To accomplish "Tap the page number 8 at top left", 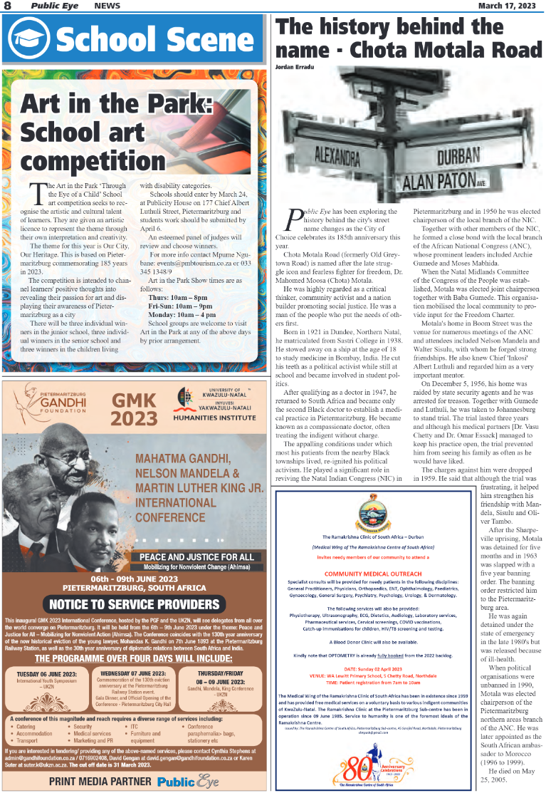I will pos(7,6).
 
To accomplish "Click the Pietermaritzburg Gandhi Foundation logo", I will pos(51,405).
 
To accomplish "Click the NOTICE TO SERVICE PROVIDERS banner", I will pos(135,605).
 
